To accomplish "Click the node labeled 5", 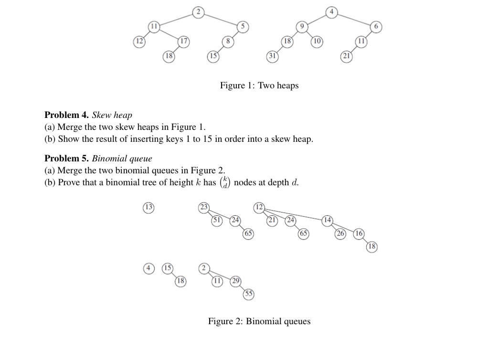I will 243,27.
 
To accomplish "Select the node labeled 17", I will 183,41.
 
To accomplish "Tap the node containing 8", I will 228,41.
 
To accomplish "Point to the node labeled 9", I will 301,27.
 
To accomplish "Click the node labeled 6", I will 376,27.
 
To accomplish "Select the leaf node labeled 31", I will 272,56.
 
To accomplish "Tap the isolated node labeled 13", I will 149,207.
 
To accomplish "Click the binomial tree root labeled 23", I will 204,207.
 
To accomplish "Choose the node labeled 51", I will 218,220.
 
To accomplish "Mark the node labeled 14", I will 327,220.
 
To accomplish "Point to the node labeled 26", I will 341,233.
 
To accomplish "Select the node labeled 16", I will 359,233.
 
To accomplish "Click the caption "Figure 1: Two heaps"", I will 259,85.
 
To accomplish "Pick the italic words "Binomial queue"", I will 122,158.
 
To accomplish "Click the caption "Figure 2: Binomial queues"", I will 259,321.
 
